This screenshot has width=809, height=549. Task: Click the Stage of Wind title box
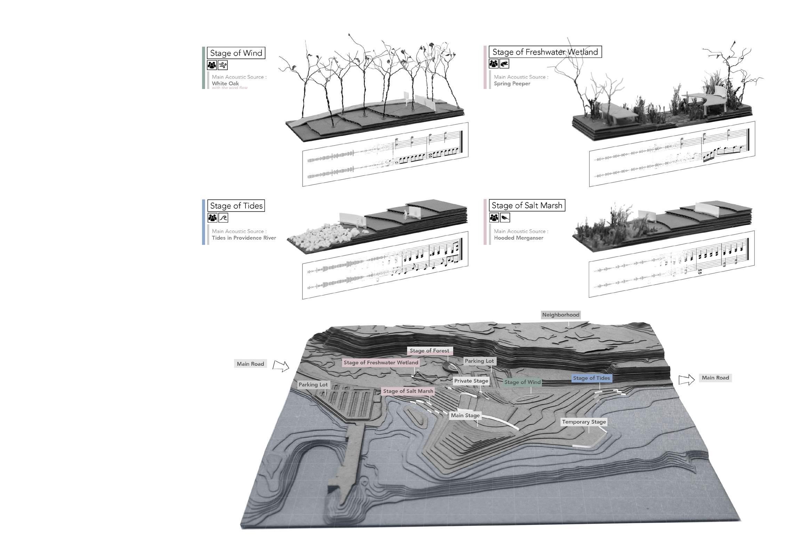click(x=236, y=53)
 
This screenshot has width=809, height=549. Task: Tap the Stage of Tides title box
click(x=236, y=206)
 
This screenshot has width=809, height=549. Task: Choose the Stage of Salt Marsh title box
click(x=527, y=205)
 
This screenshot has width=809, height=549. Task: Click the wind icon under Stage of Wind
click(x=223, y=65)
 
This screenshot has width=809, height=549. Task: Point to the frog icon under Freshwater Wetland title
click(x=504, y=64)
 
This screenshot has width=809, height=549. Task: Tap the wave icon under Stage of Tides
click(x=223, y=218)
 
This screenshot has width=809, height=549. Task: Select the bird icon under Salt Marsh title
click(x=504, y=218)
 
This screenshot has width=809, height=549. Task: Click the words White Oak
click(x=225, y=83)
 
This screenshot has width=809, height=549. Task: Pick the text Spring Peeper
click(x=512, y=83)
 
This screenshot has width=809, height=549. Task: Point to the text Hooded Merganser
click(x=518, y=238)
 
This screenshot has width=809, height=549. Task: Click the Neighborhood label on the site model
click(x=560, y=315)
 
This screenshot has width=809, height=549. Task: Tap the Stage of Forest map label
click(x=429, y=351)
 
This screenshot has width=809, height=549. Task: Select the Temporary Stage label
click(x=584, y=422)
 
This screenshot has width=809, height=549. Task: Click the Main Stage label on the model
click(x=465, y=415)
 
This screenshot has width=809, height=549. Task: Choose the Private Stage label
click(x=471, y=381)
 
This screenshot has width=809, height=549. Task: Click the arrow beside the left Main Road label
click(x=281, y=366)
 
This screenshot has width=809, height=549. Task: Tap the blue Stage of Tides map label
click(x=591, y=378)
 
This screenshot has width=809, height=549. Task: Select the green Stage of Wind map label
click(x=522, y=382)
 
